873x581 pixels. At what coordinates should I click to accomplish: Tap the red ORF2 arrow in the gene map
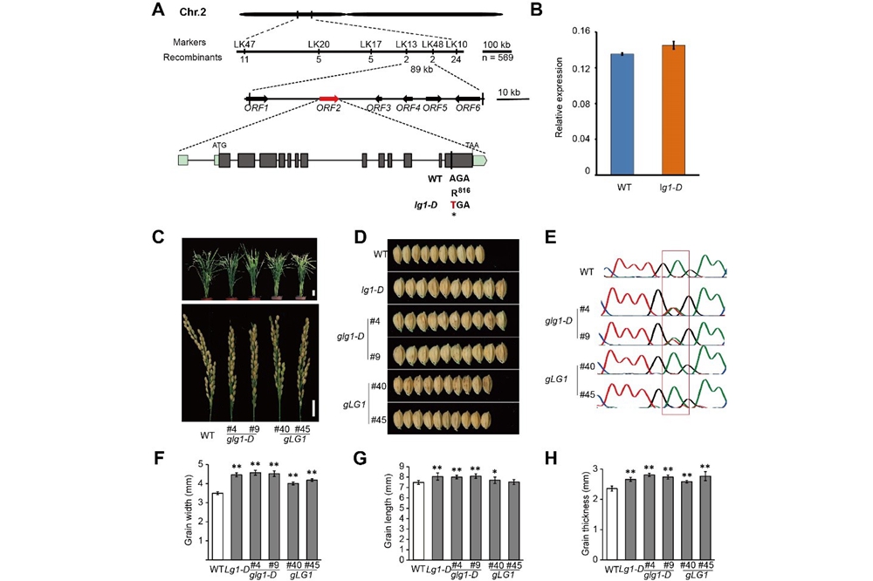[x=328, y=98]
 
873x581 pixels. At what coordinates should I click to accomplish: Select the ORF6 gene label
[x=468, y=108]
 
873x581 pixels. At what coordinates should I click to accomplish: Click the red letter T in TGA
[x=453, y=204]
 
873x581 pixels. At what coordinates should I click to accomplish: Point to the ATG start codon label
[x=219, y=147]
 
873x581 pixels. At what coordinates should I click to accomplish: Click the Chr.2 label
[x=193, y=15]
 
